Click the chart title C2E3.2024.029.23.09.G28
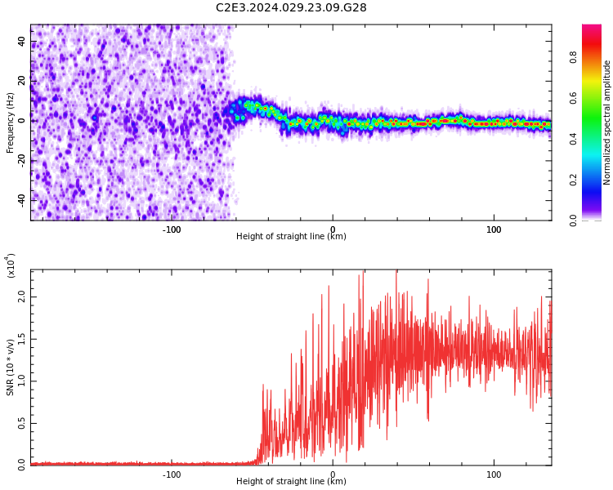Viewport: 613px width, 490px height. tap(291, 8)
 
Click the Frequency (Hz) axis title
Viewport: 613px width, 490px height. tap(11, 122)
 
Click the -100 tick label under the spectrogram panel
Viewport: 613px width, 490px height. tap(172, 230)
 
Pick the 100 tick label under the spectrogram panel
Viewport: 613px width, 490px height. tap(494, 230)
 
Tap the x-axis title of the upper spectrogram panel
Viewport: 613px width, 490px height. tap(291, 237)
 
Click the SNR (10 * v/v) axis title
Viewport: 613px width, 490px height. tap(11, 367)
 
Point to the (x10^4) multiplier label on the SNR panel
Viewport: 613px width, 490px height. tap(11, 265)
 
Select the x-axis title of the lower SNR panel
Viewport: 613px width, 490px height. tap(291, 482)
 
